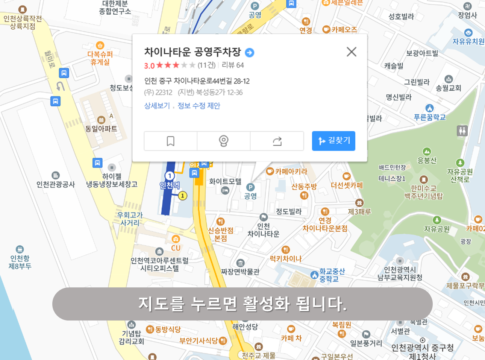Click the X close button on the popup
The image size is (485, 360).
(351, 52)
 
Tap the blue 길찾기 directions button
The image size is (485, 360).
(333, 141)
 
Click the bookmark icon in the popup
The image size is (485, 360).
(171, 141)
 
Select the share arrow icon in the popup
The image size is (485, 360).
(277, 141)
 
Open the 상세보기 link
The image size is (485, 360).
(157, 106)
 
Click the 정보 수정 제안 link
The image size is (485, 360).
(199, 106)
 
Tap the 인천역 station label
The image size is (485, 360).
(170, 185)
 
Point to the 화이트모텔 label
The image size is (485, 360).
(225, 182)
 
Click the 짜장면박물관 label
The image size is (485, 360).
(240, 271)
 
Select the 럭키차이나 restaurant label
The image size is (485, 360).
(286, 258)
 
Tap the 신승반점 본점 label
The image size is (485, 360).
(221, 234)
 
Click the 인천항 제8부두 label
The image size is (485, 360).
(20, 262)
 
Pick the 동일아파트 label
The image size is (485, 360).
(101, 129)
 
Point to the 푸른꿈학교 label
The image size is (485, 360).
(429, 117)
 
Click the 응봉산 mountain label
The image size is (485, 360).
(427, 161)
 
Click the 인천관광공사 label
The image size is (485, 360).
(56, 184)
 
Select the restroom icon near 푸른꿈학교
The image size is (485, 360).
(462, 131)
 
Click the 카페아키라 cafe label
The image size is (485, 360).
(291, 172)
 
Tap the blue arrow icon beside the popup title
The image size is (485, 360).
(249, 52)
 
